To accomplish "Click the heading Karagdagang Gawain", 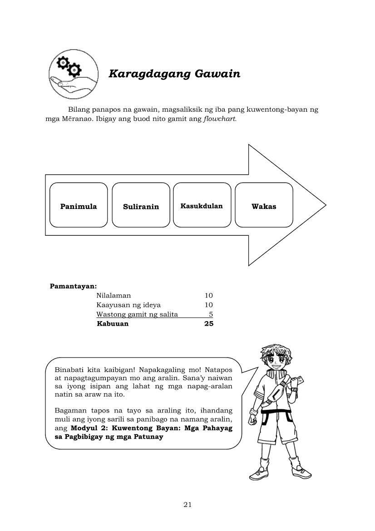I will pos(174,74).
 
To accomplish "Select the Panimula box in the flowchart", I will pos(79,205).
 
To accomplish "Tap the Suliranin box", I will pos(141,205).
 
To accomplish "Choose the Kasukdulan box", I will pos(202,205).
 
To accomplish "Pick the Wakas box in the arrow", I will pos(264,205).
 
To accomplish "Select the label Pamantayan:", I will pos(73,286).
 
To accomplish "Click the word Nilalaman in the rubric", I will pos(113,295).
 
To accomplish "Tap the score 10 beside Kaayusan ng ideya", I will pos(208,305).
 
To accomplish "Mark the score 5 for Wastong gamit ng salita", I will pos(211,314).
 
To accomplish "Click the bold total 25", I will pos(208,324).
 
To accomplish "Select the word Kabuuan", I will pos(113,324).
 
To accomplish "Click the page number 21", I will pos(187,504).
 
